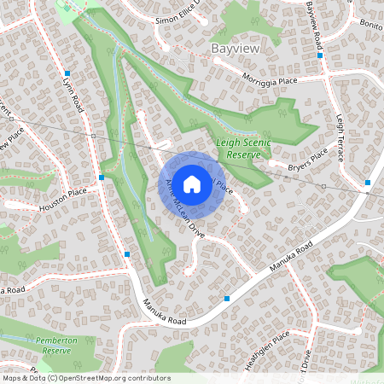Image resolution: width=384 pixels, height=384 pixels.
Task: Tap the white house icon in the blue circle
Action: (x=192, y=183)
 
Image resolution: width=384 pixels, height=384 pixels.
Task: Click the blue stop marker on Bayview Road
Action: (x=320, y=55)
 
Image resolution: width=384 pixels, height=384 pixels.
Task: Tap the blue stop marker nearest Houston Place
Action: (x=102, y=177)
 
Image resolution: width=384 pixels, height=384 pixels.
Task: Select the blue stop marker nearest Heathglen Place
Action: (x=227, y=298)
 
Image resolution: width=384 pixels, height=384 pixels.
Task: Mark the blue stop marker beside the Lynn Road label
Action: (x=67, y=74)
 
